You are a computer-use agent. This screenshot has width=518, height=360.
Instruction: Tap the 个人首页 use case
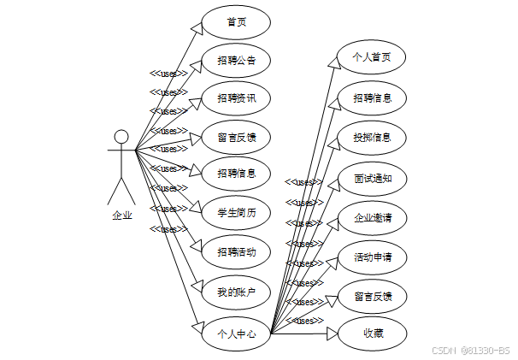coord(372,57)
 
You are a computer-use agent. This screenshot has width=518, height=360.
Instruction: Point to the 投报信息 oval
coord(372,138)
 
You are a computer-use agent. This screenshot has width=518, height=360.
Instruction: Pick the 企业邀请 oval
coord(372,217)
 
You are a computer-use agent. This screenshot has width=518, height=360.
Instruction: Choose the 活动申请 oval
coord(372,257)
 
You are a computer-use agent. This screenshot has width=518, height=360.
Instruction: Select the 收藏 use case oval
coord(372,333)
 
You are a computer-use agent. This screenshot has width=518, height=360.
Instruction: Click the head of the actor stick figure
coord(121,137)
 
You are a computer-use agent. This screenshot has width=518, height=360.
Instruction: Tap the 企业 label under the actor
coord(122,215)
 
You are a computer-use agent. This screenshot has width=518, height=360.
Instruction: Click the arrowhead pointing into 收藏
coord(333,333)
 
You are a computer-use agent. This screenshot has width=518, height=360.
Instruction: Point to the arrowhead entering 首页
coord(197,30)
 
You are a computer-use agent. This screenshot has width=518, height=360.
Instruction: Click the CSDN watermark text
coord(470,350)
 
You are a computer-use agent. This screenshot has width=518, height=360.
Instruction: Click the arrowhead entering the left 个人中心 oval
coord(196,328)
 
